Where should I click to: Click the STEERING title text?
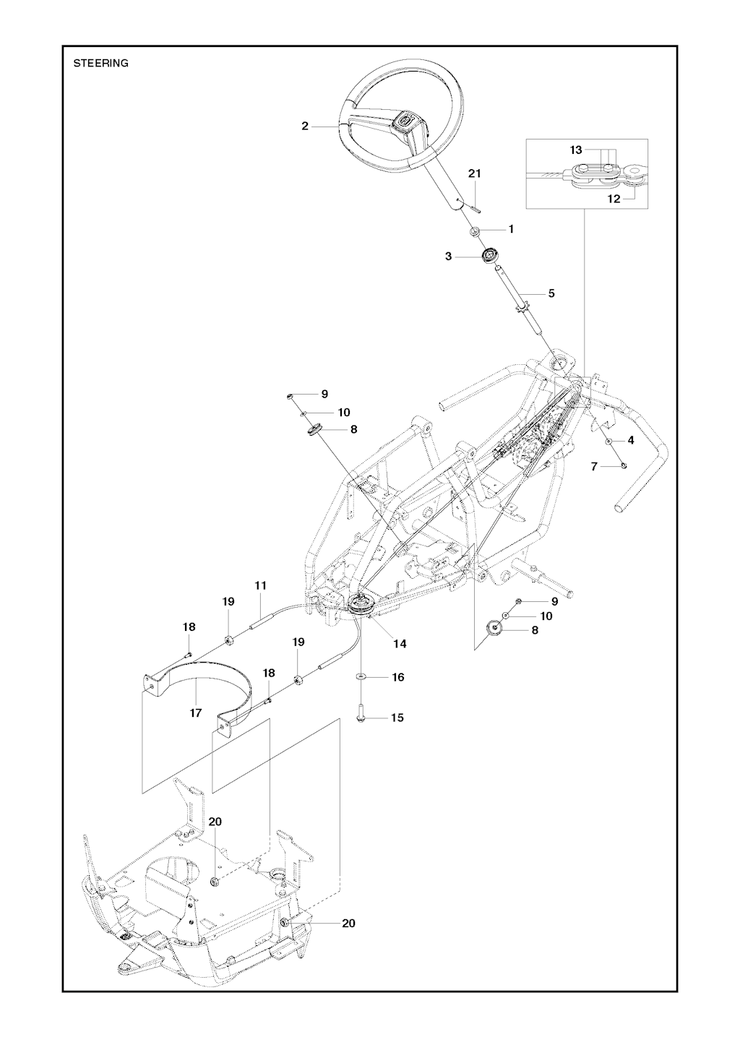101,64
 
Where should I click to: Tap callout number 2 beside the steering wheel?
305,126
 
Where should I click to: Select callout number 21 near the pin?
475,173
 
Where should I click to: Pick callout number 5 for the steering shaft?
551,293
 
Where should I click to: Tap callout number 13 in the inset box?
576,150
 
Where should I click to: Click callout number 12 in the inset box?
614,199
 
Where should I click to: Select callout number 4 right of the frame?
631,440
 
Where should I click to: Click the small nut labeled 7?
624,465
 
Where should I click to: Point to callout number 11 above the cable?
260,585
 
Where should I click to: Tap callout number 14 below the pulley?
400,643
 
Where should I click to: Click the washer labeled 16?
361,677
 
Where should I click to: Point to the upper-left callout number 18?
189,627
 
